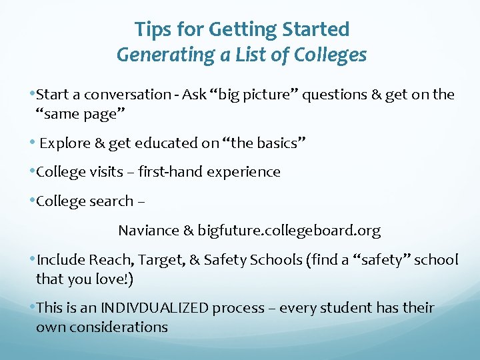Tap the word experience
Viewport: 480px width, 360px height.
point(243,172)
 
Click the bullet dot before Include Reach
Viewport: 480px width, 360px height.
point(33,259)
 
